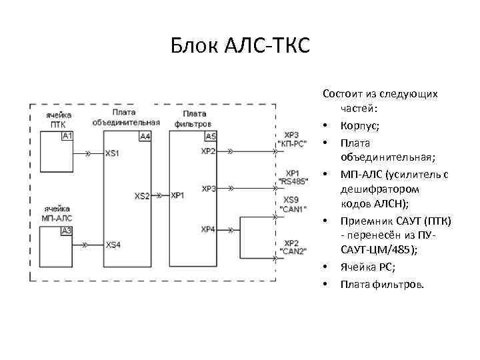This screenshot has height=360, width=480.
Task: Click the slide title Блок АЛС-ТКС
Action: click(x=240, y=47)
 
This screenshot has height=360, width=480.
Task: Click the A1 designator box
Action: click(x=67, y=136)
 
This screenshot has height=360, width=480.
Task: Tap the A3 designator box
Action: click(x=67, y=231)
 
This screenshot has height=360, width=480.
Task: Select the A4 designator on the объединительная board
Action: click(x=145, y=137)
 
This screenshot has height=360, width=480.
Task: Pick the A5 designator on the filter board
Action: click(x=210, y=137)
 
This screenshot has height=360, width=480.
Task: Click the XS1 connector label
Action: click(x=113, y=153)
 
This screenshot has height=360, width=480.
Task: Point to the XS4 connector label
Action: click(x=113, y=245)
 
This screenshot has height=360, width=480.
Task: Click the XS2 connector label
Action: click(x=142, y=196)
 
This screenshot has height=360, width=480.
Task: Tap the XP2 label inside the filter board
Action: click(x=208, y=151)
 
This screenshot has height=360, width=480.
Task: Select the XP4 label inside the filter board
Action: click(x=208, y=229)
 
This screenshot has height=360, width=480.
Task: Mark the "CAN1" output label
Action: click(x=292, y=209)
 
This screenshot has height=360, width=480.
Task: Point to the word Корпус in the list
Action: click(x=360, y=125)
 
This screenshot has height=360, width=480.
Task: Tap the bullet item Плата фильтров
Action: click(x=381, y=285)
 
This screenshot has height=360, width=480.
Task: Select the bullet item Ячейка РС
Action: click(x=367, y=267)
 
